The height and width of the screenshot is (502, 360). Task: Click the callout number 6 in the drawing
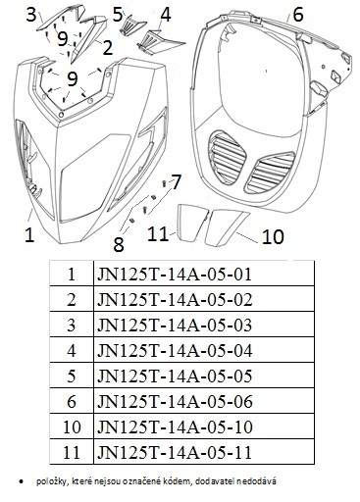297,15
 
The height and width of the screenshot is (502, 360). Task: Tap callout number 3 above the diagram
31,15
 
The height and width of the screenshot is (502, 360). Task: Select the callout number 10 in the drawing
273,236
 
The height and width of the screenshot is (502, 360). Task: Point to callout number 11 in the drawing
158,233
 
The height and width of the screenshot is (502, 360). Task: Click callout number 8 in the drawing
119,244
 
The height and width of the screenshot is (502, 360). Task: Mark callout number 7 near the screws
176,181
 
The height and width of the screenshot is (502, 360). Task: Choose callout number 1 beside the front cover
29,234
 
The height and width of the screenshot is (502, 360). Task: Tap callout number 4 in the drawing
166,15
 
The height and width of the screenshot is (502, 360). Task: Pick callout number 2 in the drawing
107,48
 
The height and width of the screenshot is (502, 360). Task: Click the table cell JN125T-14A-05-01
175,274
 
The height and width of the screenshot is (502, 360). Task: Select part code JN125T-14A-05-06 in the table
175,401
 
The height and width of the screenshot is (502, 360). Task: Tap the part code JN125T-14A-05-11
175,452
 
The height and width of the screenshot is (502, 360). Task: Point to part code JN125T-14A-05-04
175,350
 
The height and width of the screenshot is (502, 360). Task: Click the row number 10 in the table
72,427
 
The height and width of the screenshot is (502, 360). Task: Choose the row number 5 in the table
72,376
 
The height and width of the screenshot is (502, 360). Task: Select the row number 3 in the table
72,325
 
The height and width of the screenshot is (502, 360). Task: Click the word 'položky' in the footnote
48,481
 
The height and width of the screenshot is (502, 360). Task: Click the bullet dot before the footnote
22,481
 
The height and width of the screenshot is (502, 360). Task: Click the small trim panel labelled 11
192,223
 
